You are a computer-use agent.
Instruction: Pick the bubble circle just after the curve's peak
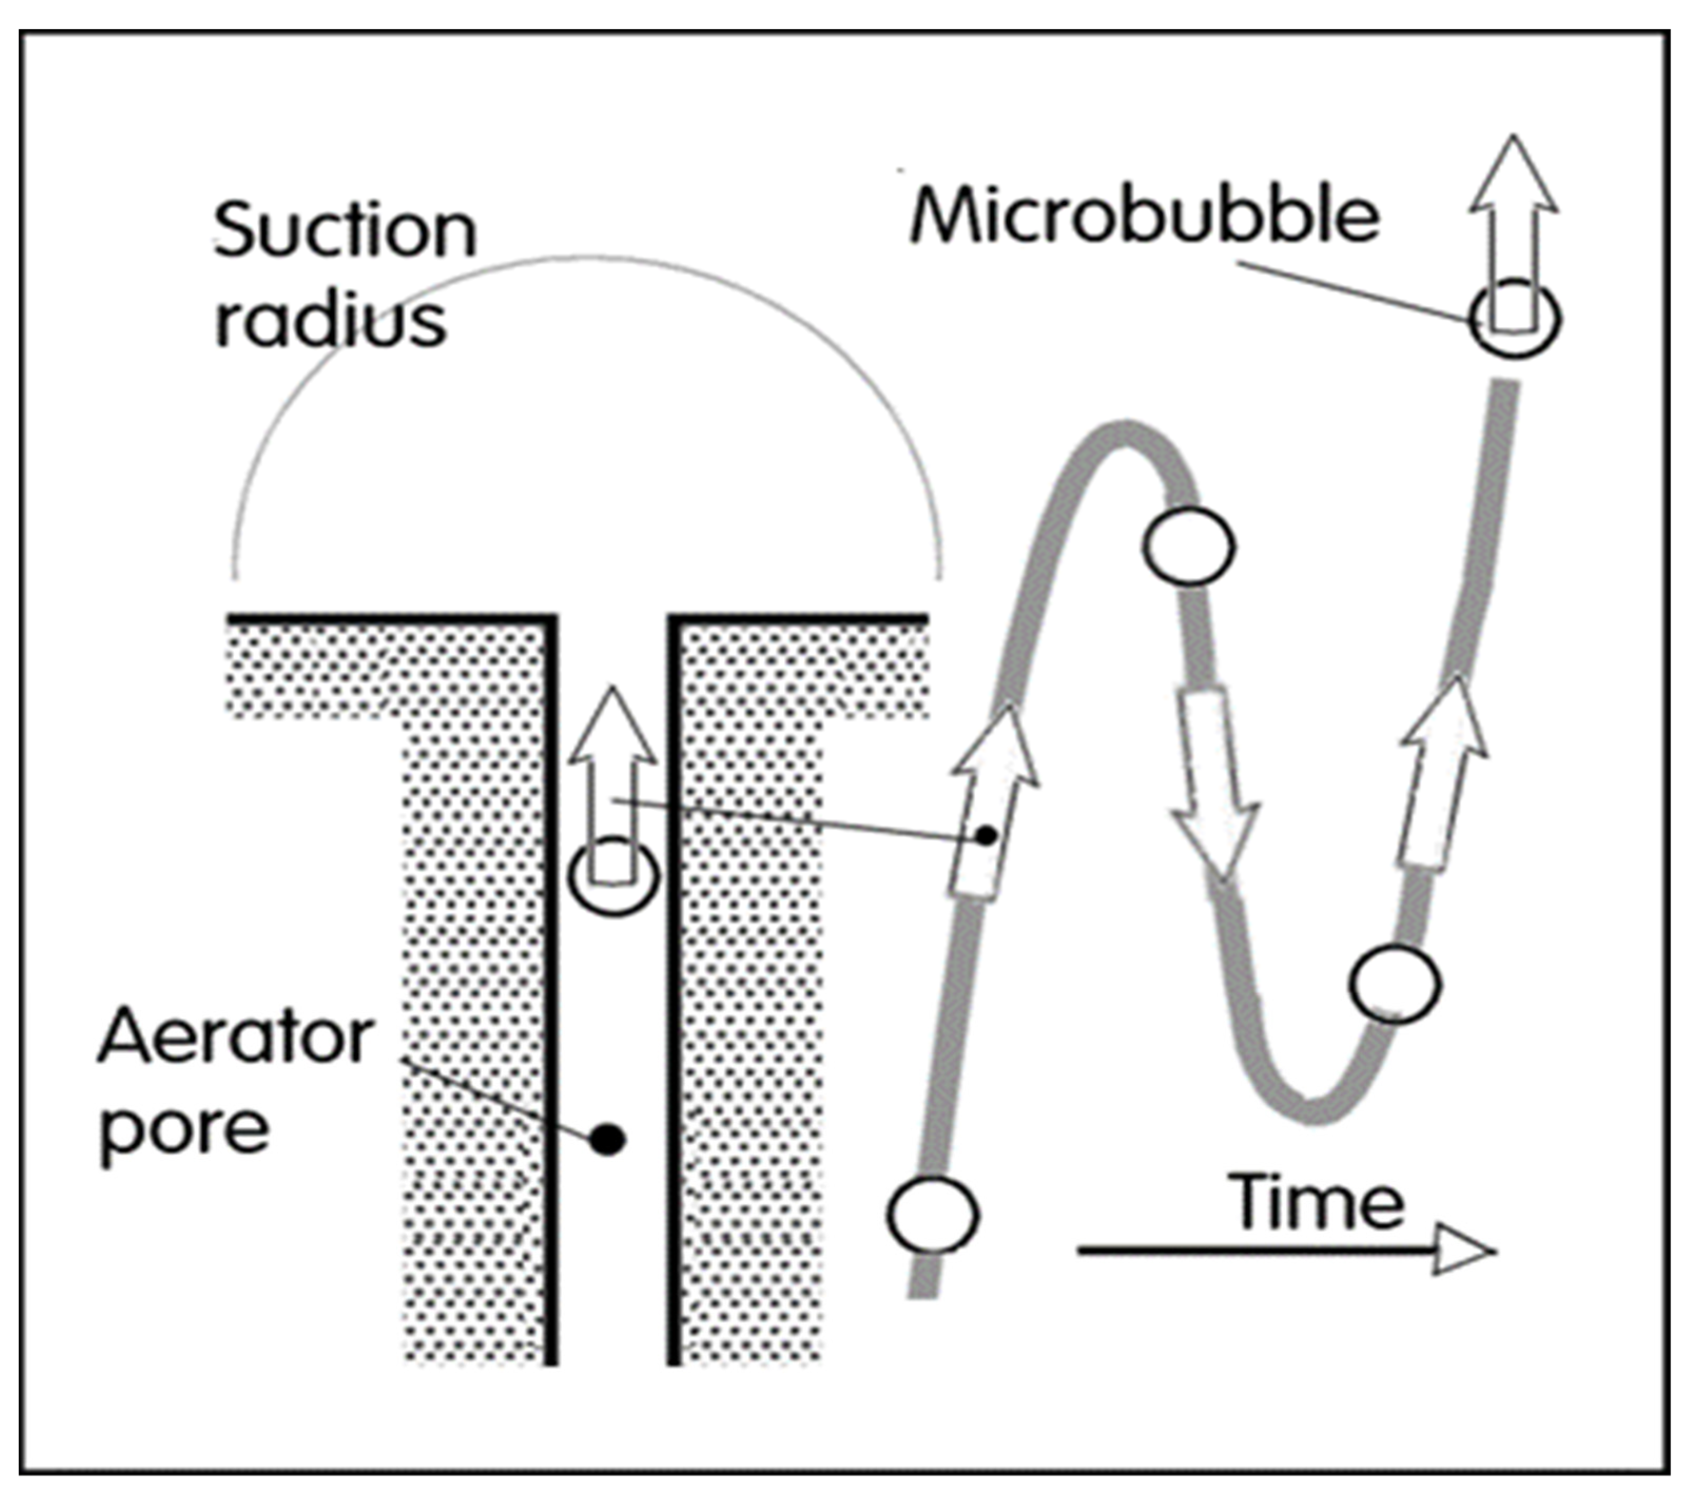[1189, 546]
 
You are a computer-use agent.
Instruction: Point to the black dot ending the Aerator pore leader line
[608, 1140]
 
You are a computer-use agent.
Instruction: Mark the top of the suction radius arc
[587, 257]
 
